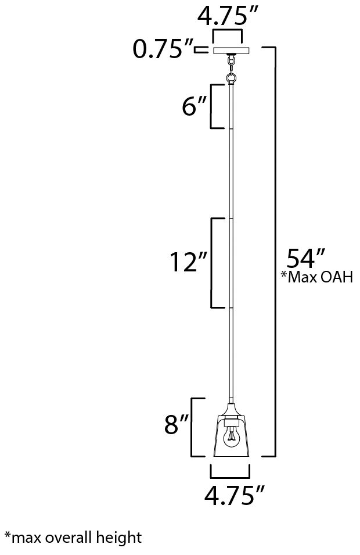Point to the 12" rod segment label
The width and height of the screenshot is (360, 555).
point(188,262)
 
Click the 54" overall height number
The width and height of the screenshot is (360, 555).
point(305,259)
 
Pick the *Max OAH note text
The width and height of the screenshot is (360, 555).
point(317,277)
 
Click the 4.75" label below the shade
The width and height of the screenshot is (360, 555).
point(235,495)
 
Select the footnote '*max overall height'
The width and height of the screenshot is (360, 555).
point(73,538)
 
